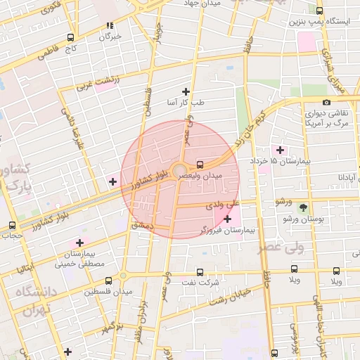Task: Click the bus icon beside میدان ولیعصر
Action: pos(200,162)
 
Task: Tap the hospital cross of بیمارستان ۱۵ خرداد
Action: pos(281,150)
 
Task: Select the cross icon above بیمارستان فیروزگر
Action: pos(227,219)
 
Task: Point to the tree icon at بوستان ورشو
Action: pos(303,207)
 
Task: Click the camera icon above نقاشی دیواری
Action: pos(326,103)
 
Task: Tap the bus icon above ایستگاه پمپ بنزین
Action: pos(320,11)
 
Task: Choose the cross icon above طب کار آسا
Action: pos(186,91)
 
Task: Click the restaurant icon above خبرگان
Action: pos(110,25)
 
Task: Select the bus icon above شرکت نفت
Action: pos(200,272)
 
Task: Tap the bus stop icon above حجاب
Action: pos(11,225)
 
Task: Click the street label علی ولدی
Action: pos(219,206)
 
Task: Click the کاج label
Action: pos(69,49)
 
